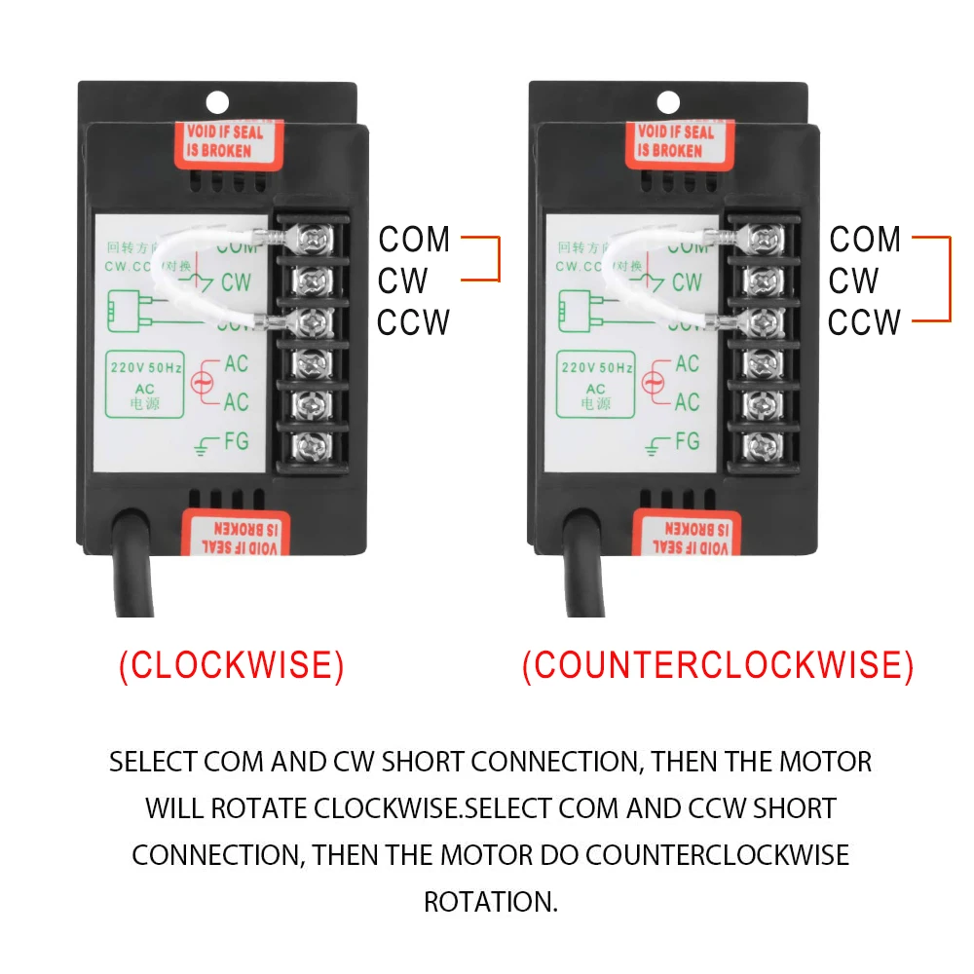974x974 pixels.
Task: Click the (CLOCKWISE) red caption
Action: tap(231, 665)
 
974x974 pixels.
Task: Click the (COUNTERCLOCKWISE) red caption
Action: tap(718, 665)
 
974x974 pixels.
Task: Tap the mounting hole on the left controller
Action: tap(216, 100)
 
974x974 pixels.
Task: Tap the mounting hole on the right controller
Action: tap(667, 100)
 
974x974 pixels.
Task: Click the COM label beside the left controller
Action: tap(415, 239)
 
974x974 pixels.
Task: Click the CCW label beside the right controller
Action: tap(864, 321)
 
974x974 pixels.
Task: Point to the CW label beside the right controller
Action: tap(854, 281)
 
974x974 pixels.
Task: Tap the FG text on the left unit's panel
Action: tap(236, 441)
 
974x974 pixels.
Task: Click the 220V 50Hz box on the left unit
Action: tap(144, 384)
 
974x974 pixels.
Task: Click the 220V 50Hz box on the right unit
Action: tap(595, 384)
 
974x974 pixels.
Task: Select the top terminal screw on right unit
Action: tap(763, 238)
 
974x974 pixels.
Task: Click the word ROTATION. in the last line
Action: tap(491, 901)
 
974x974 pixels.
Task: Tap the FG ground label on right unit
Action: tap(687, 441)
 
